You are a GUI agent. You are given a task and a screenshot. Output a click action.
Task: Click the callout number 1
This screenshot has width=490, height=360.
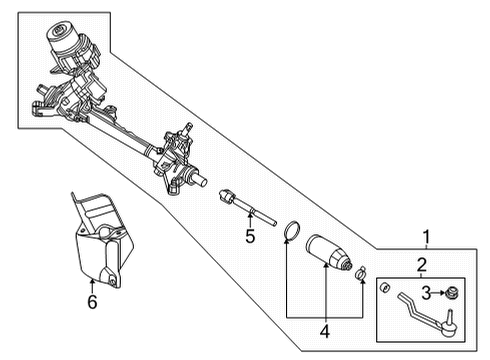[x=426, y=237]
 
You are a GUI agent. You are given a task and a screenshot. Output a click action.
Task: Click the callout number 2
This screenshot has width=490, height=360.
[x=422, y=264]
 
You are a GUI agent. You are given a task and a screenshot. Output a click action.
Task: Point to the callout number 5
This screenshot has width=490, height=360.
[x=250, y=237]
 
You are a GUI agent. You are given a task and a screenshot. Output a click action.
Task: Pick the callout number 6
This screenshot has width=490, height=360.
[x=91, y=303]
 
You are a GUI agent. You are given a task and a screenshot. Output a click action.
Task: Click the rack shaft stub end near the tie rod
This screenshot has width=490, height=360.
[x=203, y=183]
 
